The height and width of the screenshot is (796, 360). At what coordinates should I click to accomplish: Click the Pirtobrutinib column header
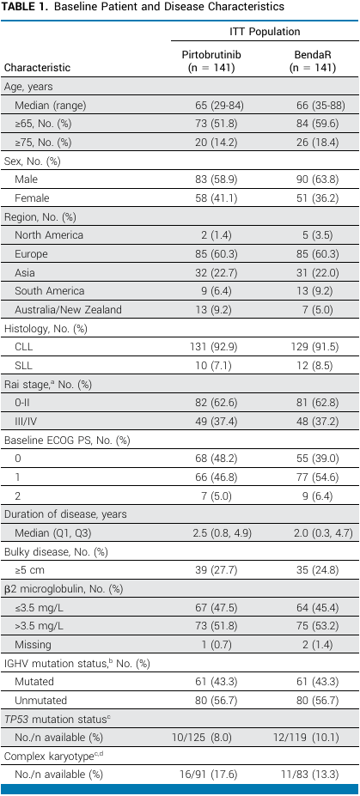pos(208,61)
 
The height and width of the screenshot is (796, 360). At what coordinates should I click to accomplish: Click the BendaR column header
pos(313,61)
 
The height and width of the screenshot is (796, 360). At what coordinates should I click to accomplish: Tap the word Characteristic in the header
pos(38,68)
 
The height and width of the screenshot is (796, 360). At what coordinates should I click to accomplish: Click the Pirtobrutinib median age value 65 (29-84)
pos(208,105)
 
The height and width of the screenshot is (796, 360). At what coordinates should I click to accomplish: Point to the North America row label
pos(49,235)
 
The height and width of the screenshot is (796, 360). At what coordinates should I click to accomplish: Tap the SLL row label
pos(23,365)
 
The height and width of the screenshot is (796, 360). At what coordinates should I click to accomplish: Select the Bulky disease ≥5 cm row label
pos(29,569)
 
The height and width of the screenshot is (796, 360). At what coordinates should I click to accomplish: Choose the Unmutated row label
pos(38,700)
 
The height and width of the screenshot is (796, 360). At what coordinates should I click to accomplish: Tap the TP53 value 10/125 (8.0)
pos(208,737)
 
